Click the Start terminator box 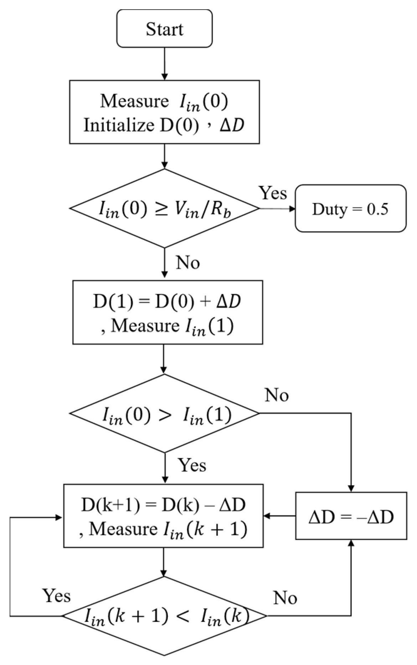point(165,28)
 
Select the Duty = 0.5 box point(350,209)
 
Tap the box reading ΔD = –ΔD point(351,517)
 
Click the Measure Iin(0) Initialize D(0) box point(164,112)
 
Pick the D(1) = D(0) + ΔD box point(168,312)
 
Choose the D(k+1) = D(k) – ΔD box point(164,516)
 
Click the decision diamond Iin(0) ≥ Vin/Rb point(164,208)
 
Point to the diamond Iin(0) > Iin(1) point(164,413)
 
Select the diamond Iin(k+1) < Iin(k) point(164,616)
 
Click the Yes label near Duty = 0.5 point(273,193)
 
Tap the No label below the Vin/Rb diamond point(188,263)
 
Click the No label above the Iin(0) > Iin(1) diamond point(277,396)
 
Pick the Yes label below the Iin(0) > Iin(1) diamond point(192,465)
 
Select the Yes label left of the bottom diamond point(57,596)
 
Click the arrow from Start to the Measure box point(164,64)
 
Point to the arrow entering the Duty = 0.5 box point(278,209)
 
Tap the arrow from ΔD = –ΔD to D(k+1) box point(280,516)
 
